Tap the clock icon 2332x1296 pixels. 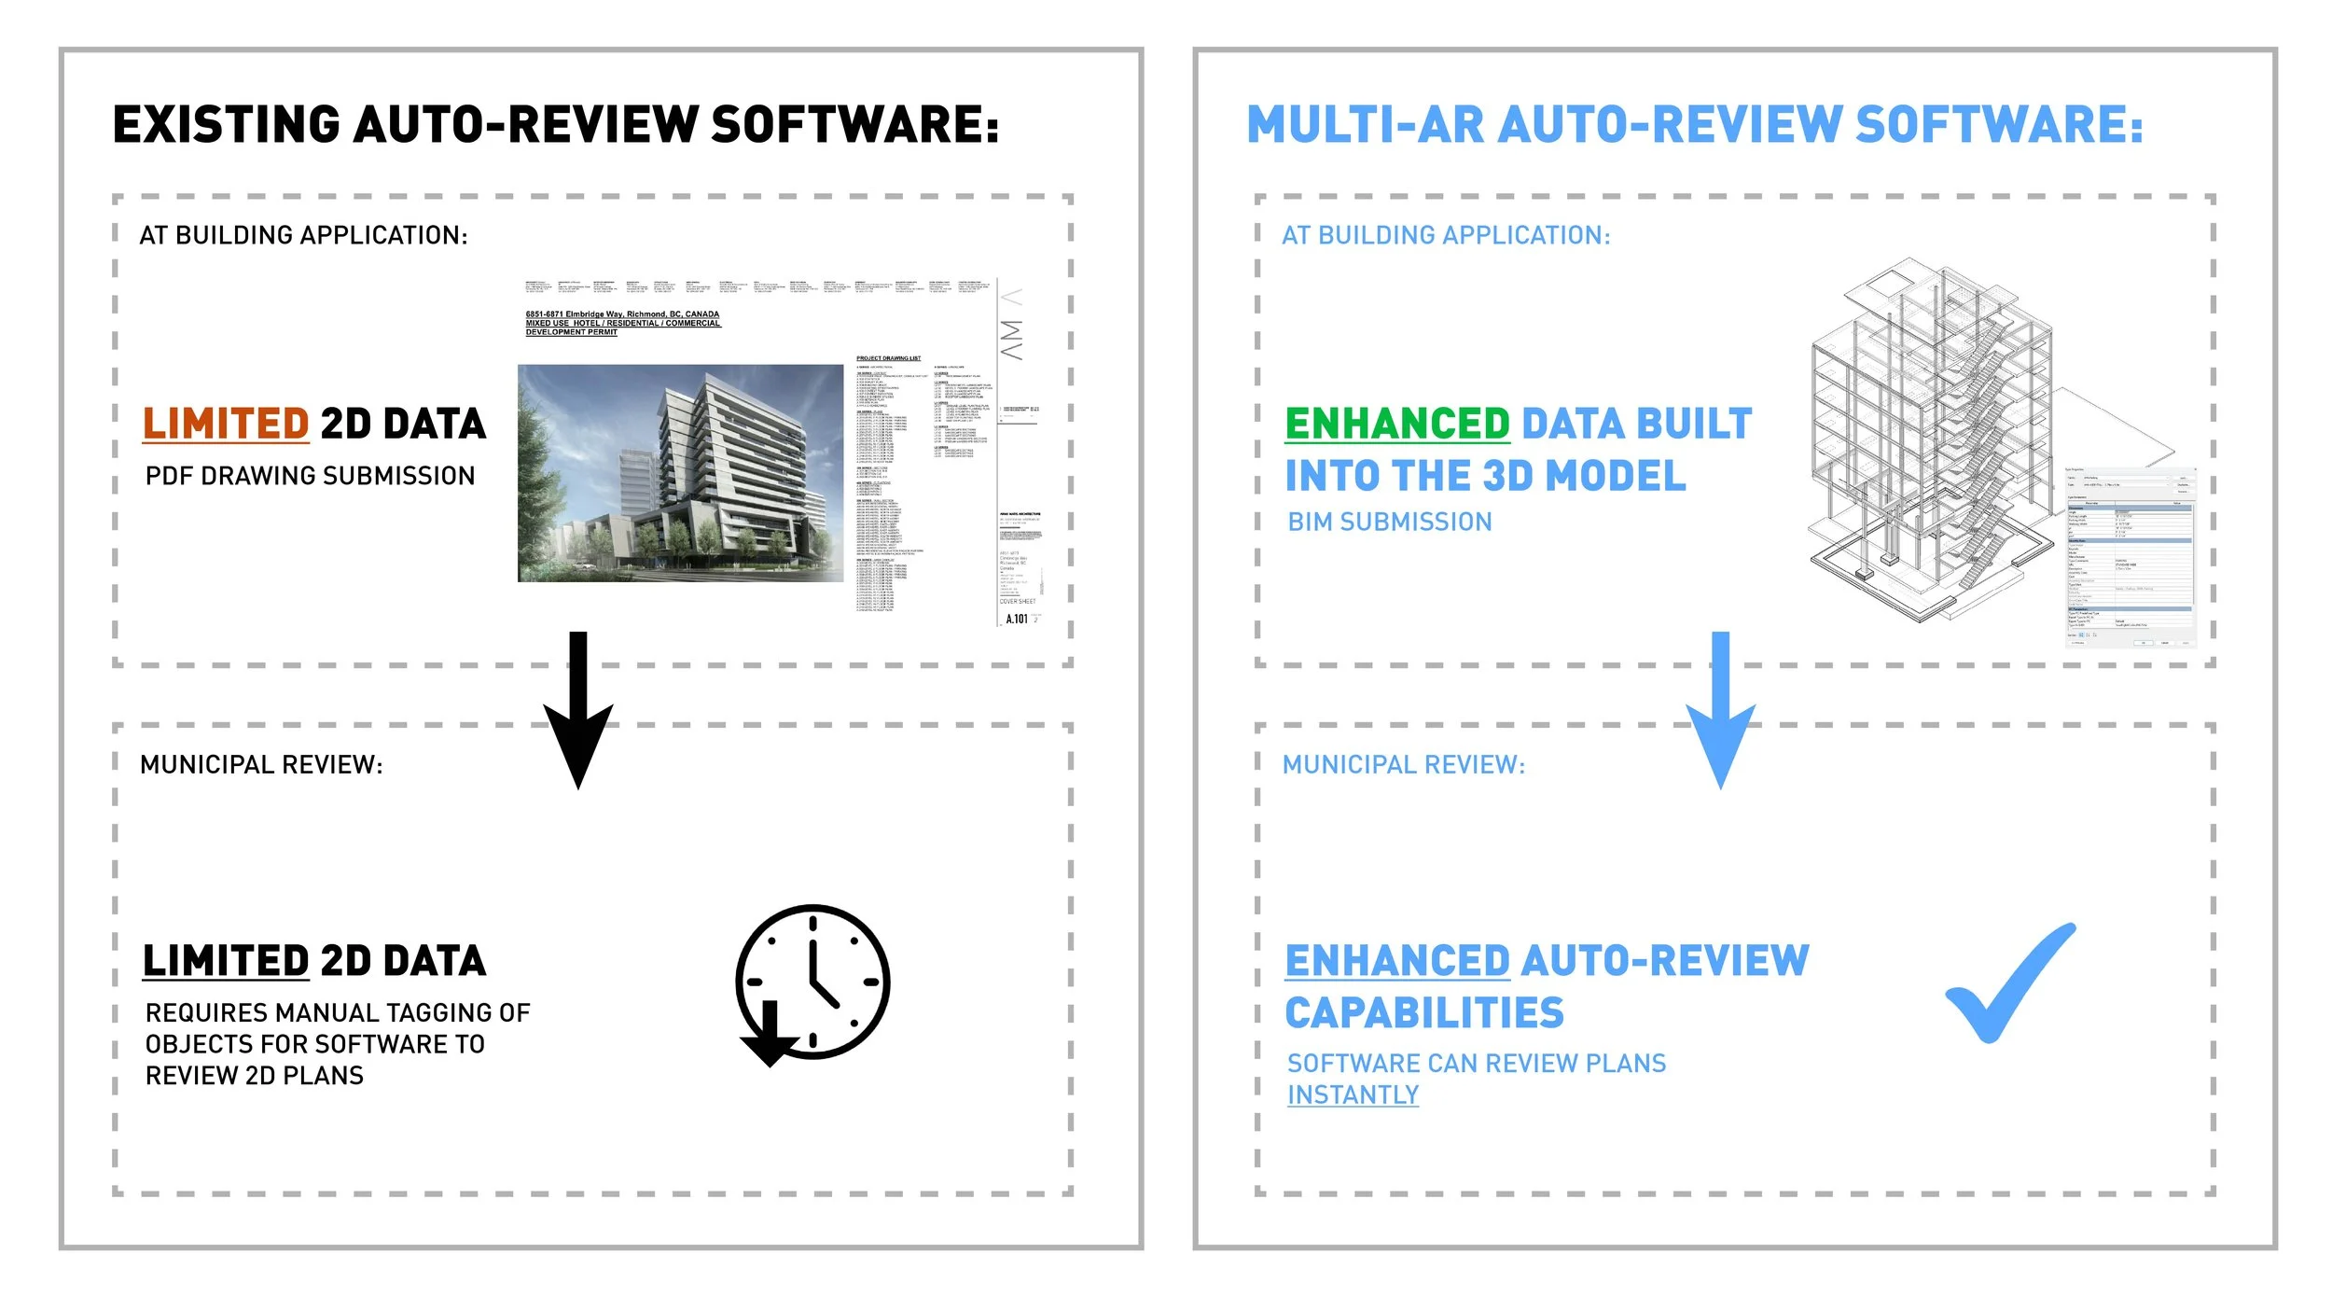coord(812,982)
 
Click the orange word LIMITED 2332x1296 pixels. coord(225,424)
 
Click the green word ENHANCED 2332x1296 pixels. coord(1396,424)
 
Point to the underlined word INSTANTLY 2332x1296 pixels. coord(1353,1094)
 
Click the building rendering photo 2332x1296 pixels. coord(680,473)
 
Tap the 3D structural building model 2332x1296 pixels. coord(1931,439)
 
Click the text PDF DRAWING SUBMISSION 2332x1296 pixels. coord(310,476)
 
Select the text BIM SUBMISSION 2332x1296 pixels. coord(1390,523)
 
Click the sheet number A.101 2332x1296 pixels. coord(1017,619)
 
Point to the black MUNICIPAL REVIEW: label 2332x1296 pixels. coord(261,765)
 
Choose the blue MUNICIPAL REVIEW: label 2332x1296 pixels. coord(1404,765)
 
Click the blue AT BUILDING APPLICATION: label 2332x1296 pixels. coord(1446,235)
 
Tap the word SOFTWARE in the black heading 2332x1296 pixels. coord(854,125)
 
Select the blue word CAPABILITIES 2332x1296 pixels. coord(1424,1013)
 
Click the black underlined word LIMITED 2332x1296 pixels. coord(225,961)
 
